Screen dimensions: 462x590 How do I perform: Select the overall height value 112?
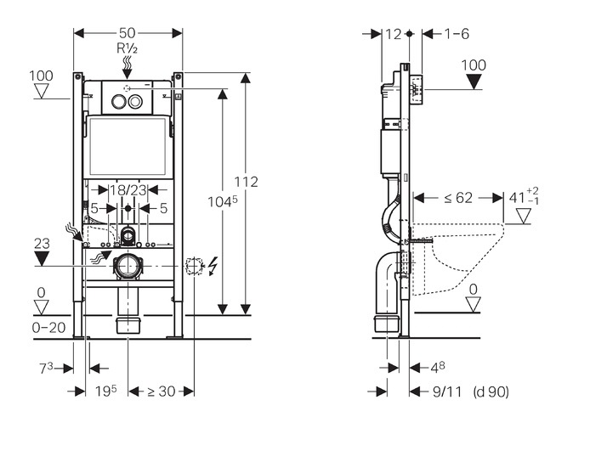[x=247, y=182]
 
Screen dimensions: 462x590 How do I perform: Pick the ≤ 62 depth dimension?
[x=459, y=198]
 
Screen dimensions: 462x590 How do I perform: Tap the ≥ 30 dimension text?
[x=162, y=392]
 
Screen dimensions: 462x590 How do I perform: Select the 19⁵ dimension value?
[x=105, y=392]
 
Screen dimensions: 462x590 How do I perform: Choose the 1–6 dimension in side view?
[x=457, y=34]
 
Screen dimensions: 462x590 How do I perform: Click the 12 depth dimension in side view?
[x=392, y=34]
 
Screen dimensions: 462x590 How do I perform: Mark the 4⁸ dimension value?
[x=434, y=368]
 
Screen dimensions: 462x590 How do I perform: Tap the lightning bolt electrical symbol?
[x=213, y=266]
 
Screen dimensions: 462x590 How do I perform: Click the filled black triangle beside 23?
[x=42, y=258]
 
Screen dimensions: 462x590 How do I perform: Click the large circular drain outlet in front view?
[x=128, y=266]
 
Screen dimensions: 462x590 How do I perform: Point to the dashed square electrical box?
[x=195, y=266]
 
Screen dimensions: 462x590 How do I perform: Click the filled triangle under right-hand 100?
[x=474, y=82]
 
